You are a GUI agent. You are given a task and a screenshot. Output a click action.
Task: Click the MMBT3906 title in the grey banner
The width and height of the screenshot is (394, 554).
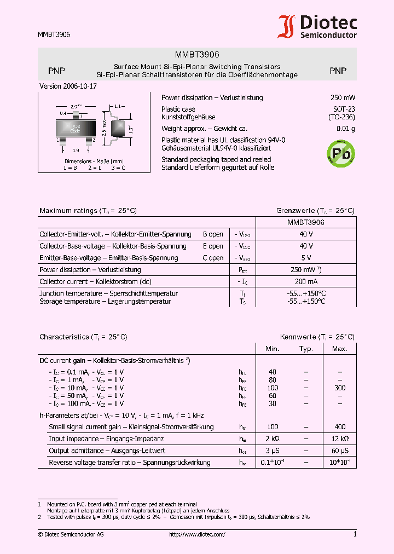[x=197, y=55]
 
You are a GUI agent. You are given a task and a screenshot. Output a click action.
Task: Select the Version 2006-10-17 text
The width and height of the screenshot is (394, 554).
[x=68, y=86]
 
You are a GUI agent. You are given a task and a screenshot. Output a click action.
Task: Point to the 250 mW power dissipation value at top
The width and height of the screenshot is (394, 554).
[x=343, y=98]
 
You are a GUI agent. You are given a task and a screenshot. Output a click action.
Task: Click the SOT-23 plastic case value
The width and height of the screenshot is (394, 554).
[x=344, y=109]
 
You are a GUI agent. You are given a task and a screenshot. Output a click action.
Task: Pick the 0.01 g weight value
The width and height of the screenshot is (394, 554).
[x=345, y=129]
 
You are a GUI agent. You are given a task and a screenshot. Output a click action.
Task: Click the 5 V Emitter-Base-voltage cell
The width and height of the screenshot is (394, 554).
[x=306, y=258]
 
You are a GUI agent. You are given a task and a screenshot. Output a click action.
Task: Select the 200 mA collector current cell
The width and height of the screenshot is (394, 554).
[x=306, y=281]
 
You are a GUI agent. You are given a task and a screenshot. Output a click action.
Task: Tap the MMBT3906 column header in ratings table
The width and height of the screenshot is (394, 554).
[x=306, y=223]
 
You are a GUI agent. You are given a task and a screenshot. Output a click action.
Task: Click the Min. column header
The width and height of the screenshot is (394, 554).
[x=273, y=349]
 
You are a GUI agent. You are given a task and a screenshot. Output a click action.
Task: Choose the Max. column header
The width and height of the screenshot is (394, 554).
[x=340, y=349]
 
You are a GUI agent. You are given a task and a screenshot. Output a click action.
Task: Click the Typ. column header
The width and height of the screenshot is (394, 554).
[x=306, y=349]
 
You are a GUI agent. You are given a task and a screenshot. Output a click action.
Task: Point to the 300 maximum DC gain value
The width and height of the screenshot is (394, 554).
[x=340, y=388]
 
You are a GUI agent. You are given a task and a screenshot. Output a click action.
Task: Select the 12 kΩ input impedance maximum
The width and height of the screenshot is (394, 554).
[x=340, y=438]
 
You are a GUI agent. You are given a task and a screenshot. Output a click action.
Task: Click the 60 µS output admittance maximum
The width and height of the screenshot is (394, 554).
[x=340, y=451]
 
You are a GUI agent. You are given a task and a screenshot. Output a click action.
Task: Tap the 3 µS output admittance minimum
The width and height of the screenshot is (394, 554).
[x=273, y=451]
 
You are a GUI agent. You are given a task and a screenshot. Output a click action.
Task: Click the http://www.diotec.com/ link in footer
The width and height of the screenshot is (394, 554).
[x=197, y=534]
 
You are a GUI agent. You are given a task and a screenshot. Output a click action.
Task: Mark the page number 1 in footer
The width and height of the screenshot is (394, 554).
[x=355, y=534]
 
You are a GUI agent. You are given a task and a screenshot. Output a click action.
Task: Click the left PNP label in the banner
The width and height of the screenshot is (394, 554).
[x=56, y=71]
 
